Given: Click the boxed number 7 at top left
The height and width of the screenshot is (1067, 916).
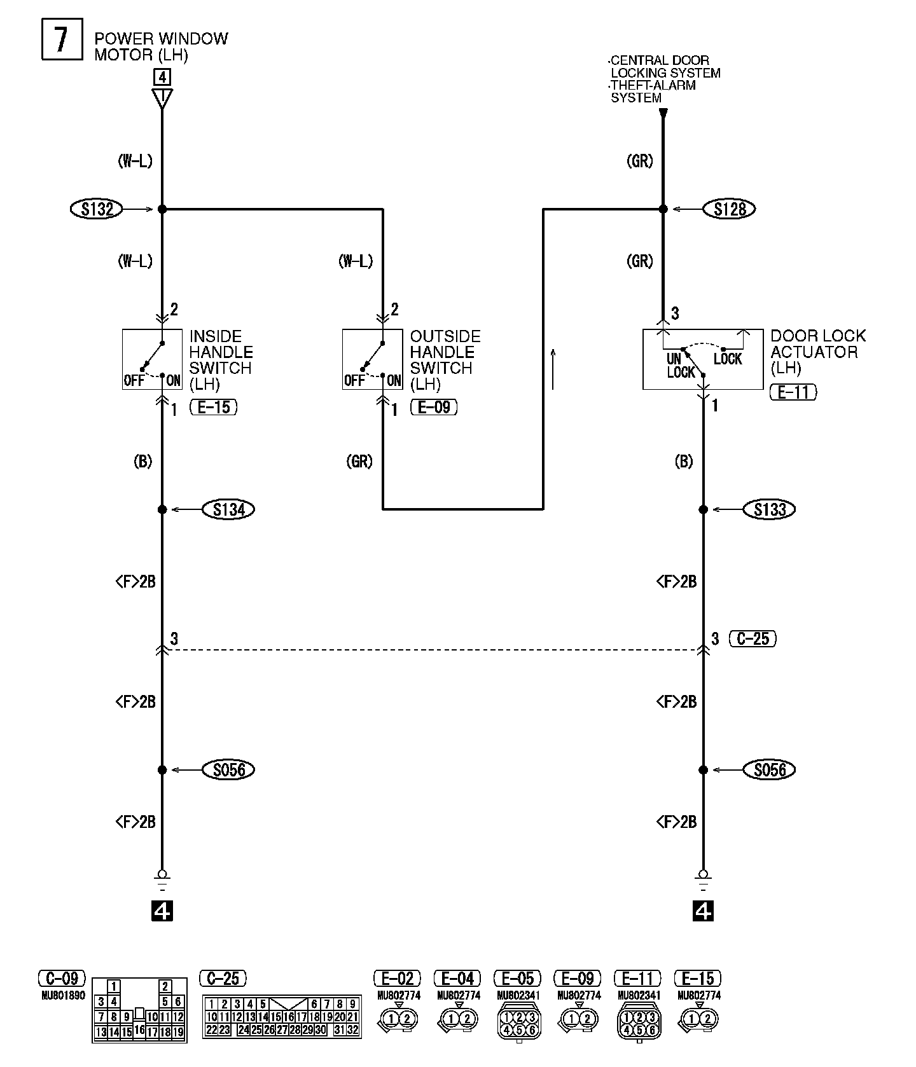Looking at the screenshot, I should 62,39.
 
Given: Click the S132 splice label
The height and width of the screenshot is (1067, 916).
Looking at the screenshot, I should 96,209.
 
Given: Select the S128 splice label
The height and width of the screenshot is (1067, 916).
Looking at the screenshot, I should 730,209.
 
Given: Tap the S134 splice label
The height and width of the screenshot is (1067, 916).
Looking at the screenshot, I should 228,509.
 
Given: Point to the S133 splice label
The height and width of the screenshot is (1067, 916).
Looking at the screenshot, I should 770,509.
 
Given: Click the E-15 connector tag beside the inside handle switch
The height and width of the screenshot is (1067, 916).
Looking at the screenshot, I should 213,407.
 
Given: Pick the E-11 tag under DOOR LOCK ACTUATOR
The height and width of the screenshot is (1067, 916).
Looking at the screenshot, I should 793,392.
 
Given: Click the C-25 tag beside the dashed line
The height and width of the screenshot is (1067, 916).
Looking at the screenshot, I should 753,638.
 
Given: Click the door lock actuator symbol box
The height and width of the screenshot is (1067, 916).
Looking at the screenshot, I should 702,359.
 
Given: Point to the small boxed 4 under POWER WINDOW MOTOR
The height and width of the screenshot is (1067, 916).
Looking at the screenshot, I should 162,78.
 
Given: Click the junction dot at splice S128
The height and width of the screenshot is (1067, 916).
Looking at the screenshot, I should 663,209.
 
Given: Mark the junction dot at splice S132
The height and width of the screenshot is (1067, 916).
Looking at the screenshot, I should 162,209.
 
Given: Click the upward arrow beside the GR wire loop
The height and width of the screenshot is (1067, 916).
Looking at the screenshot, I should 553,369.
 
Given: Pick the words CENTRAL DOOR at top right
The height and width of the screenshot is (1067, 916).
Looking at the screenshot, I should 660,61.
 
